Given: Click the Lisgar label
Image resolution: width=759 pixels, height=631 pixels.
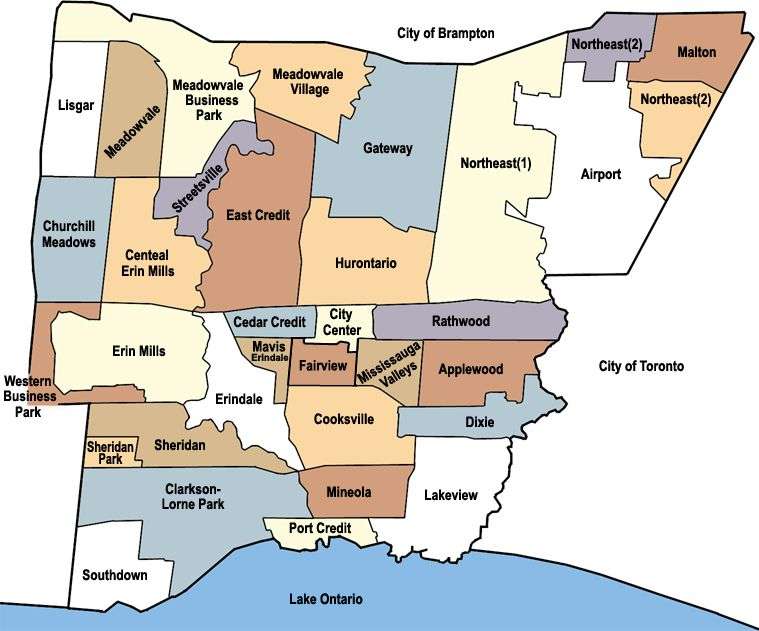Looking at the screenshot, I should pos(76,104).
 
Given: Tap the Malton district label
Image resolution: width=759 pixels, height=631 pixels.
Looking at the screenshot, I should pos(696,52).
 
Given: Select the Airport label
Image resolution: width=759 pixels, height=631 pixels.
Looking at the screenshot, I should pos(601,174).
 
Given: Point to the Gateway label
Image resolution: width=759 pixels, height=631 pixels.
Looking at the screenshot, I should pos(387,149).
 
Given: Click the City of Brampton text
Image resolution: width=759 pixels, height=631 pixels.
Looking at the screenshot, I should pos(445,33).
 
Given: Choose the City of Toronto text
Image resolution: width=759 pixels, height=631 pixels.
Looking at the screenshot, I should pos(641,367).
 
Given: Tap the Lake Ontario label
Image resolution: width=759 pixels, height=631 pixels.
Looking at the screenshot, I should pos(325,599).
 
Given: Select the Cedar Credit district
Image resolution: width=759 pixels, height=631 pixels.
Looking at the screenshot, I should pos(270,322).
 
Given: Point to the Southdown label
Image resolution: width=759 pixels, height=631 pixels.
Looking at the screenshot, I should pos(115,575).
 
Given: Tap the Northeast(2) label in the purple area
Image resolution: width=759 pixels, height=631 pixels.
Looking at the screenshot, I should pos(598,42).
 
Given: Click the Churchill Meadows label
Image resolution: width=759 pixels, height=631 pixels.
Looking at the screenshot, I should pos(69,235).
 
